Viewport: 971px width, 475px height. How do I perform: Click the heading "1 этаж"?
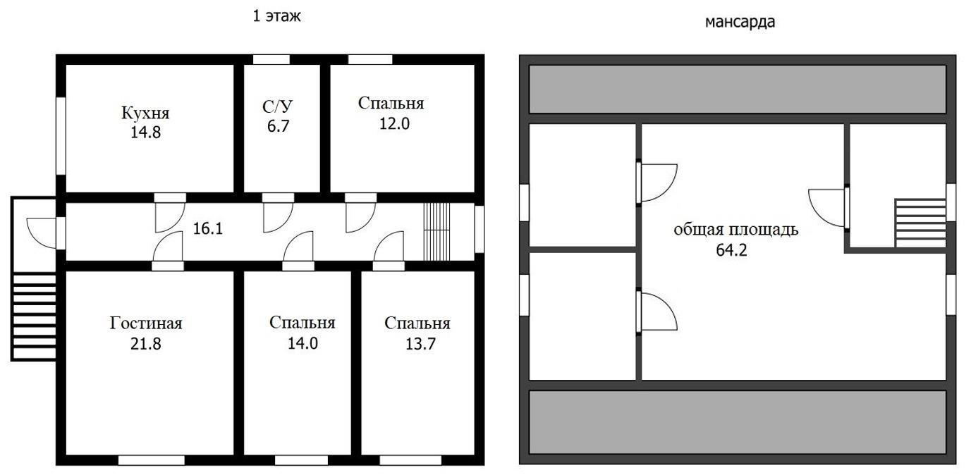(x=277, y=16)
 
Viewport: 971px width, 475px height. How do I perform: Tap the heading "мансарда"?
(x=740, y=22)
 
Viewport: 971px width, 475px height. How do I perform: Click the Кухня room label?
(x=145, y=113)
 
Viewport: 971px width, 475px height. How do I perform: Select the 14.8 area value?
(x=145, y=132)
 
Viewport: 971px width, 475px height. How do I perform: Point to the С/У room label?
(x=277, y=107)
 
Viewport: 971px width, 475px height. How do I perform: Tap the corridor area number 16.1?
(x=207, y=228)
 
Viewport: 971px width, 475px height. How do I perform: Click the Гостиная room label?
(x=146, y=323)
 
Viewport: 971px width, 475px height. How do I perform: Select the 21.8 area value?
(x=146, y=344)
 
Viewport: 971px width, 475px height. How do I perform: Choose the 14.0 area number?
(x=302, y=344)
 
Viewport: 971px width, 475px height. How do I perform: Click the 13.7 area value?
(x=417, y=344)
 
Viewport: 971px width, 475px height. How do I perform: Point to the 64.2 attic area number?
(x=731, y=249)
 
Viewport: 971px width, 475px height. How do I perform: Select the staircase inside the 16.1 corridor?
(x=436, y=231)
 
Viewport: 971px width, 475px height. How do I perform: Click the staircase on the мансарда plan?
(x=920, y=223)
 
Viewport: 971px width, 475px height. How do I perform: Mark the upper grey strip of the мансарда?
(x=737, y=89)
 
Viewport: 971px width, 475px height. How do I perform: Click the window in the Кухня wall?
(x=61, y=135)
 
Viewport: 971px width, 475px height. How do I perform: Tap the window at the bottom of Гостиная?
(x=151, y=460)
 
